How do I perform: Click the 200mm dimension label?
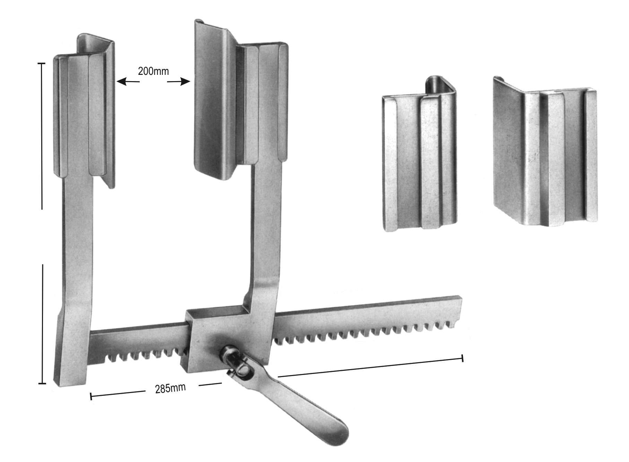pyautogui.click(x=153, y=71)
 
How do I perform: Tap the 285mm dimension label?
pyautogui.click(x=170, y=388)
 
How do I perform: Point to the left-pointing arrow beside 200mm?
pyautogui.click(x=128, y=82)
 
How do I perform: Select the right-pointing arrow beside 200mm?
pyautogui.click(x=179, y=82)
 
